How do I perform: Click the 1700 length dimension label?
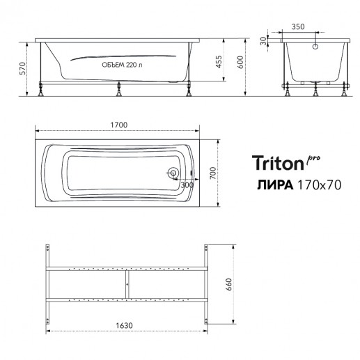click(119, 125)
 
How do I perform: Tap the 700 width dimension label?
click(212, 173)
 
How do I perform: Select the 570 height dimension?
click(22, 68)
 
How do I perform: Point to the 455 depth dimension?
click(219, 61)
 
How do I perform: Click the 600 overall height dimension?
click(240, 62)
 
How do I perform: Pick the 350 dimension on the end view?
click(298, 26)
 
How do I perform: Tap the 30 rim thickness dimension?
click(263, 41)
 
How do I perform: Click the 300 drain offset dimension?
click(187, 185)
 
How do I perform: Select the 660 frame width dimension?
click(228, 285)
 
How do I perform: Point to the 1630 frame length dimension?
click(124, 325)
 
